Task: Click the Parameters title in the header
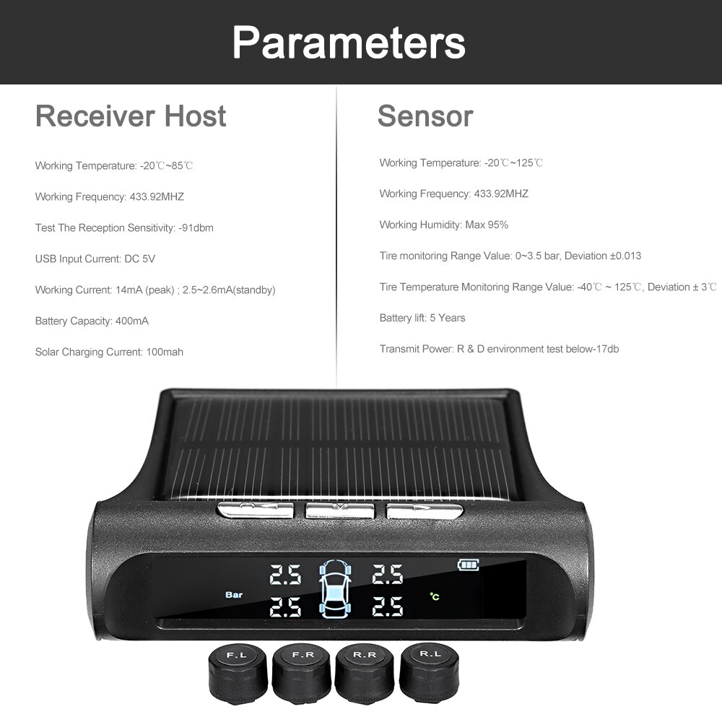[x=349, y=43]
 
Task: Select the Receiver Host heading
[x=131, y=116]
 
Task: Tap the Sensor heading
[x=425, y=116]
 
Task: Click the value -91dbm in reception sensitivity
[x=196, y=228]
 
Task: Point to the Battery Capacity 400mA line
[x=92, y=321]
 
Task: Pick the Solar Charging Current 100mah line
[x=109, y=352]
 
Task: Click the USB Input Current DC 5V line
[x=95, y=259]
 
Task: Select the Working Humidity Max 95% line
[x=444, y=225]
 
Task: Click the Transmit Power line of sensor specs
[x=499, y=349]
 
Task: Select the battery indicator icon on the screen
[x=468, y=565]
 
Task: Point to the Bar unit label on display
[x=234, y=596]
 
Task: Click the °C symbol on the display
[x=435, y=596]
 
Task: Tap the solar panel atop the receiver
[x=339, y=444]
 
